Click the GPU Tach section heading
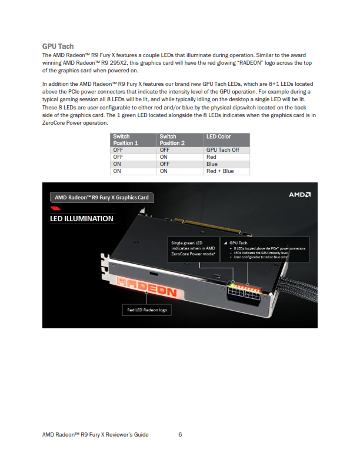point(58,46)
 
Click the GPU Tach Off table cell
point(222,150)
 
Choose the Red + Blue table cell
point(219,171)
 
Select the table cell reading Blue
point(212,164)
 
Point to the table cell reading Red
point(211,157)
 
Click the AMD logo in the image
point(299,195)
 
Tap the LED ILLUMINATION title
point(81,218)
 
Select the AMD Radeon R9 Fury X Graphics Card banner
point(101,197)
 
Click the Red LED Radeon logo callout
point(147,309)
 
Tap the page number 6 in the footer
point(180,435)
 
